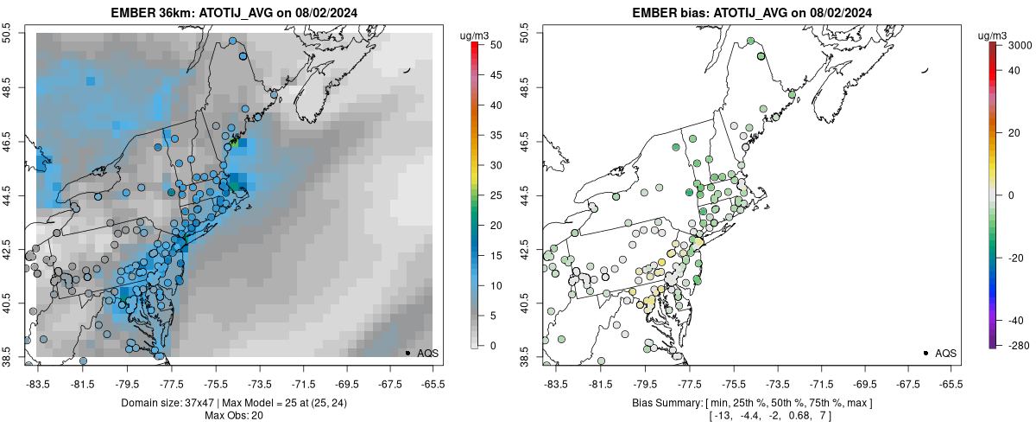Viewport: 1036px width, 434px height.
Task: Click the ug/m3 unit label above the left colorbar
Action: (x=477, y=35)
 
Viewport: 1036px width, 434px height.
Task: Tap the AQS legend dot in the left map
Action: (x=407, y=353)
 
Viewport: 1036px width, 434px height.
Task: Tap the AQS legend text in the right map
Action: (x=945, y=353)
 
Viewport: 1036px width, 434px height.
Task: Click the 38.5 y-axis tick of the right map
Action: (x=525, y=357)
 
